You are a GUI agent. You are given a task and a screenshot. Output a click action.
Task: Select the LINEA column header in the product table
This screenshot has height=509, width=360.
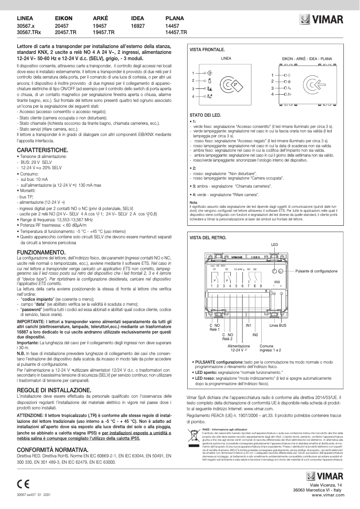[x=24, y=19]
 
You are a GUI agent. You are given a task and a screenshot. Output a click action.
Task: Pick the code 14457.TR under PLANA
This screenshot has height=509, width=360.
[x=176, y=33]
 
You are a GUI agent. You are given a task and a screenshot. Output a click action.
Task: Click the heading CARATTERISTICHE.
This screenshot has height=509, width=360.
[x=42, y=149]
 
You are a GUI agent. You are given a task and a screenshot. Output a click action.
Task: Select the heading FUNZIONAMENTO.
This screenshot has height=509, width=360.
[x=41, y=253]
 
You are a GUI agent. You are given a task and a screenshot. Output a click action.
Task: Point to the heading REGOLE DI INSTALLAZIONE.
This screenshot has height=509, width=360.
[x=54, y=390]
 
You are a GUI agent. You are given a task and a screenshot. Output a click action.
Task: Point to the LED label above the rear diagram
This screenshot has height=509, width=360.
[x=275, y=244]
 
